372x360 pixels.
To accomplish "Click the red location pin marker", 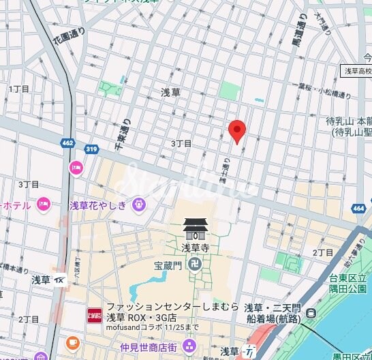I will (236, 130).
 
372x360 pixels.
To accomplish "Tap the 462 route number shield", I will (67, 144).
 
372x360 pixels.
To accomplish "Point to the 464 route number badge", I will (359, 209).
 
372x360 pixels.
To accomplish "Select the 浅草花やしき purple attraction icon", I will (138, 203).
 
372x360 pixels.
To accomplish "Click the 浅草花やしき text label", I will (99, 204).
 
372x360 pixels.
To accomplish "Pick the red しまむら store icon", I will (94, 316).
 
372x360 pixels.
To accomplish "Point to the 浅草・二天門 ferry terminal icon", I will (311, 314).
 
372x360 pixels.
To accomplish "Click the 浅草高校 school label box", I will (357, 71).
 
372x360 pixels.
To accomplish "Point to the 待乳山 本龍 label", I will (348, 121).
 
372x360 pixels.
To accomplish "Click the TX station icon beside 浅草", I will (60, 280).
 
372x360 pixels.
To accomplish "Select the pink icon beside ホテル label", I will (43, 203).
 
